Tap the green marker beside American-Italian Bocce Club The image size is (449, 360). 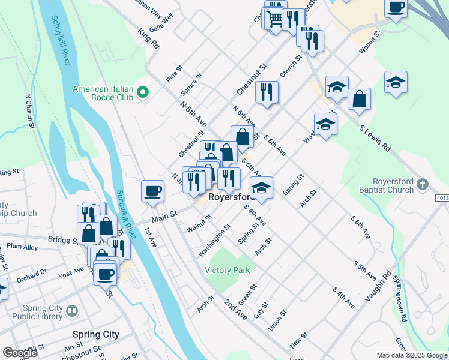143,93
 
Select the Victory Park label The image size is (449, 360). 228,271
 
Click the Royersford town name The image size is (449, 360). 232,197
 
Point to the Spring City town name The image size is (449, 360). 95,334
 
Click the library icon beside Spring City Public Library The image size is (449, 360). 72,311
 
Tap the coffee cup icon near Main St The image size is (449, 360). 152,190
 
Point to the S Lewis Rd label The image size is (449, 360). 375,137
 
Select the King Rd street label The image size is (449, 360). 148,37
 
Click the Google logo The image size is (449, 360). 20,353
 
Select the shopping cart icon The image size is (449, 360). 274,18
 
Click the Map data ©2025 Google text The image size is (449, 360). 411,355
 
